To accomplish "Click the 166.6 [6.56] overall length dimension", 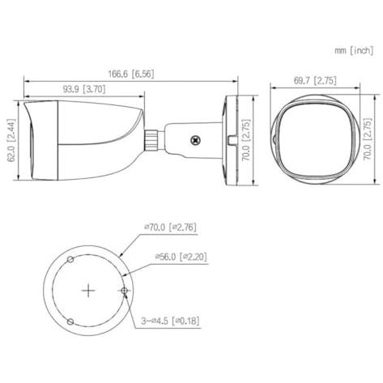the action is pyautogui.click(x=131, y=74).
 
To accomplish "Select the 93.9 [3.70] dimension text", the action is pyautogui.click(x=84, y=89).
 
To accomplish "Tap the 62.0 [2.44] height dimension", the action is pyautogui.click(x=12, y=140).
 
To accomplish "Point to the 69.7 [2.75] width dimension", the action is pyautogui.click(x=315, y=80).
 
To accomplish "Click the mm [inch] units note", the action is pyautogui.click(x=354, y=50).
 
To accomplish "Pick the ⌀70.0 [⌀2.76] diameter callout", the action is pyautogui.click(x=170, y=228).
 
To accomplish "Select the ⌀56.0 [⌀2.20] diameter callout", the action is pyautogui.click(x=181, y=257).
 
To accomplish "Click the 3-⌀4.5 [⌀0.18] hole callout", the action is pyautogui.click(x=170, y=321).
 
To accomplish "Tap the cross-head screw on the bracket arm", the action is pyautogui.click(x=195, y=140).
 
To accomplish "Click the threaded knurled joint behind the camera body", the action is pyautogui.click(x=151, y=139).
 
